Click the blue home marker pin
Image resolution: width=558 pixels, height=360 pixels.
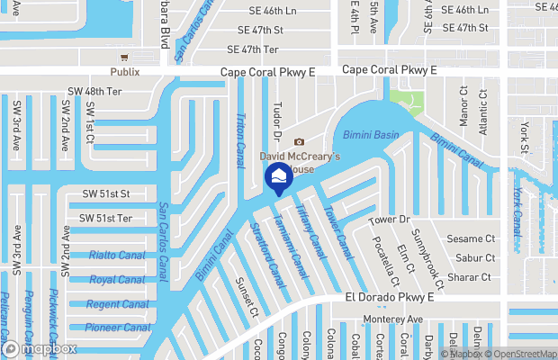point(279,176)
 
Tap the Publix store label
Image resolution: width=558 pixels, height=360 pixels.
point(126,72)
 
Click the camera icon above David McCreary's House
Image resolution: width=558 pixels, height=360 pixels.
point(300,141)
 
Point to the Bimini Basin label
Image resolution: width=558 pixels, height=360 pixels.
point(371,135)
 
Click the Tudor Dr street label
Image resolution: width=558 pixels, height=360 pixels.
point(277,122)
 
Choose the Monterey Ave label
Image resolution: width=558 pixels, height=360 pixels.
point(392,319)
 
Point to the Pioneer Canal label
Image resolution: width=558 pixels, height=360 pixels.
point(119,328)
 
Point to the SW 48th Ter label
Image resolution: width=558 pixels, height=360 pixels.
point(94,92)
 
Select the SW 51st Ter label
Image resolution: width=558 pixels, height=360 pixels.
point(105,219)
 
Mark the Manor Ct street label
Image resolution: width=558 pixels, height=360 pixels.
point(464,105)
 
